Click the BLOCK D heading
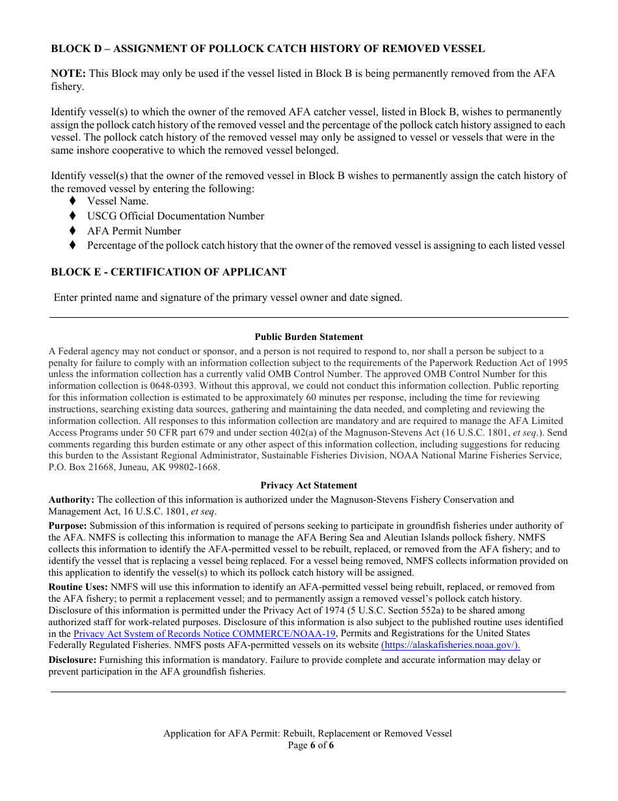(x=267, y=48)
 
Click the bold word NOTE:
(x=68, y=74)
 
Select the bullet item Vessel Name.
(x=118, y=201)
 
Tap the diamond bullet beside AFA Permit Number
(x=73, y=231)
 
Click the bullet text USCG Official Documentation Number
(x=176, y=216)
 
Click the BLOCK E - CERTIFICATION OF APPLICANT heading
(x=168, y=272)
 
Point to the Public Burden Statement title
(x=308, y=337)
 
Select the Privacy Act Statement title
(x=308, y=485)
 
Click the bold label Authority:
(x=72, y=500)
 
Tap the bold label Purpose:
(x=68, y=526)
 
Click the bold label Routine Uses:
(x=78, y=587)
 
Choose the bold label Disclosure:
(x=72, y=660)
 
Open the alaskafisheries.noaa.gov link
(x=450, y=645)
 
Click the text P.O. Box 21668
(x=80, y=468)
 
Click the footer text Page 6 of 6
(x=310, y=746)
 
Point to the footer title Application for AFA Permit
(x=307, y=733)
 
